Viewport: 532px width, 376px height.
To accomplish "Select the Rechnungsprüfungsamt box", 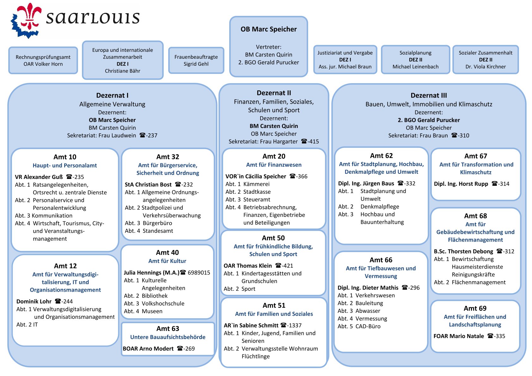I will pyautogui.click(x=43, y=60).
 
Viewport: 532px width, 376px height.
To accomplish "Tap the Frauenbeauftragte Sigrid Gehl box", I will pyautogui.click(x=196, y=60).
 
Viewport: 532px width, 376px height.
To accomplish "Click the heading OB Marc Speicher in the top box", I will pyautogui.click(x=268, y=29).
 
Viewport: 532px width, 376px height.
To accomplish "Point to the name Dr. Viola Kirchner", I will pyautogui.click(x=485, y=67).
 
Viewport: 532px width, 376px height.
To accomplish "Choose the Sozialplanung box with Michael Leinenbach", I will pyautogui.click(x=415, y=60).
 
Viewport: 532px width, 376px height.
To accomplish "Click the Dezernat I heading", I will pyautogui.click(x=112, y=95).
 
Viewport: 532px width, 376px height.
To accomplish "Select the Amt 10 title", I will pyautogui.click(x=65, y=157).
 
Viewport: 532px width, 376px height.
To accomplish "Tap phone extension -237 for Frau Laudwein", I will pyautogui.click(x=152, y=136).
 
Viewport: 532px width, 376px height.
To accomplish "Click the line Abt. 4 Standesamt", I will pyautogui.click(x=149, y=231).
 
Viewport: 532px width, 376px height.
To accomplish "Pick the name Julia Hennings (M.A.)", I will pyautogui.click(x=151, y=273).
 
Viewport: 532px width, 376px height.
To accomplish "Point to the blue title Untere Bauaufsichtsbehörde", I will pyautogui.click(x=168, y=337).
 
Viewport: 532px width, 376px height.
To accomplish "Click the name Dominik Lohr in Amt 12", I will pyautogui.click(x=34, y=301).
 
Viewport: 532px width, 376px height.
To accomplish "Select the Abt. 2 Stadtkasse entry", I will pyautogui.click(x=248, y=192).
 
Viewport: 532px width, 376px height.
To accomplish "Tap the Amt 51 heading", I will pyautogui.click(x=274, y=306).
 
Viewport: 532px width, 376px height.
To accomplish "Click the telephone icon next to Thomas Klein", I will pyautogui.click(x=278, y=265).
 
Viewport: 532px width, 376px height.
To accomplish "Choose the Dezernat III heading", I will pyautogui.click(x=429, y=95).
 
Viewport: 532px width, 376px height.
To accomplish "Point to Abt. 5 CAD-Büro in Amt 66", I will pyautogui.click(x=359, y=326).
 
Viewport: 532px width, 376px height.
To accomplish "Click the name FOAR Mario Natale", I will pyautogui.click(x=458, y=336).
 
